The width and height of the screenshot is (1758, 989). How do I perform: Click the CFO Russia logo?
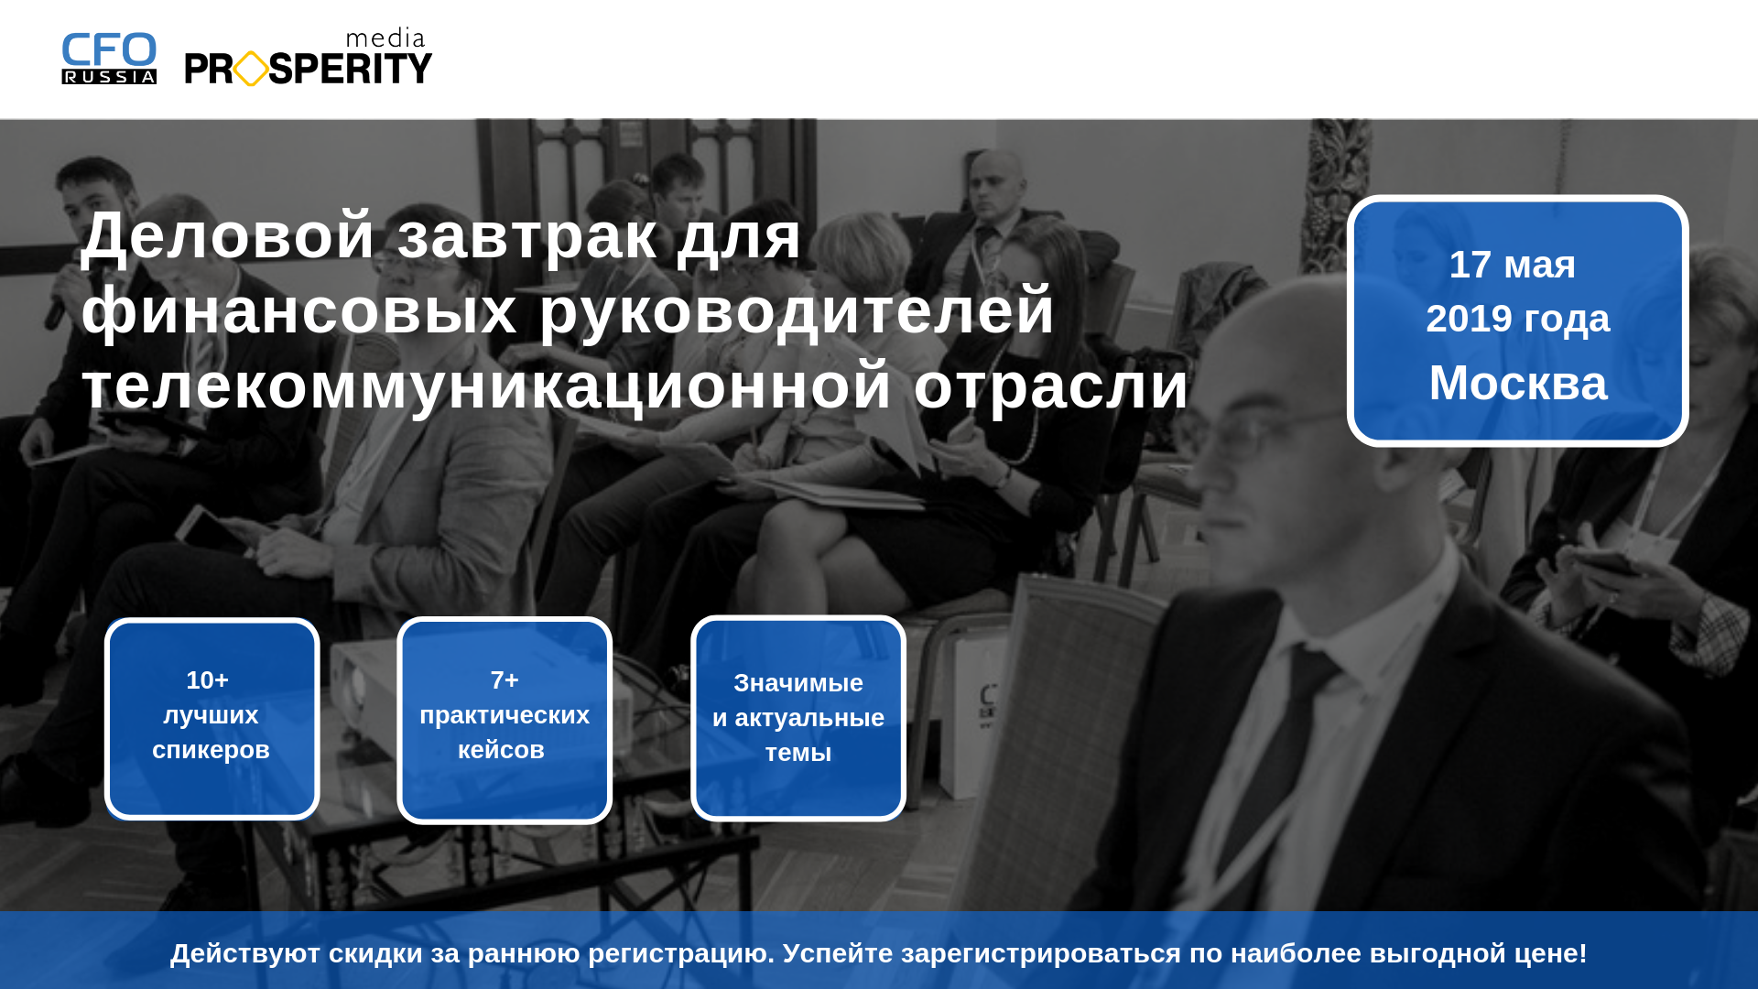[x=109, y=59]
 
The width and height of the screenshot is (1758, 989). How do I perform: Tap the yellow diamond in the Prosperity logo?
[x=251, y=69]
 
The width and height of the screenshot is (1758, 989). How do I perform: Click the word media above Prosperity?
[x=385, y=38]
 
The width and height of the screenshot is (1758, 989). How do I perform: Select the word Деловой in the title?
[x=228, y=235]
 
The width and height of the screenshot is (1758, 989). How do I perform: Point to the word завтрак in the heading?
[x=527, y=236]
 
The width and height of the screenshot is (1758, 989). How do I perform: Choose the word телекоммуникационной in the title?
[x=486, y=386]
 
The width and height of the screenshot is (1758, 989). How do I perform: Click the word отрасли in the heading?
[x=1051, y=386]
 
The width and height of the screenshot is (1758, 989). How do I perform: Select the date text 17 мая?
[x=1513, y=265]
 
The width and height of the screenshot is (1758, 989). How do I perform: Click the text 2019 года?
[x=1518, y=319]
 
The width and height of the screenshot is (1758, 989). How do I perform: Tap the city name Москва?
[x=1518, y=383]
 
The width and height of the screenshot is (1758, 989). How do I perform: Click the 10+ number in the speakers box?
[x=208, y=680]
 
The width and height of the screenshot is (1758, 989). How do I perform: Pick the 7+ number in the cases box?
[x=505, y=680]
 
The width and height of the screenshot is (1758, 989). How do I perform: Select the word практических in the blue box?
[x=505, y=716]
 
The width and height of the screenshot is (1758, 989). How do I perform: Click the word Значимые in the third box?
[x=798, y=683]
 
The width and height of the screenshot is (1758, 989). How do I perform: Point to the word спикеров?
[x=211, y=751]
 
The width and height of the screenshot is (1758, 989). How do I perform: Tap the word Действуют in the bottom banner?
[x=245, y=953]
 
